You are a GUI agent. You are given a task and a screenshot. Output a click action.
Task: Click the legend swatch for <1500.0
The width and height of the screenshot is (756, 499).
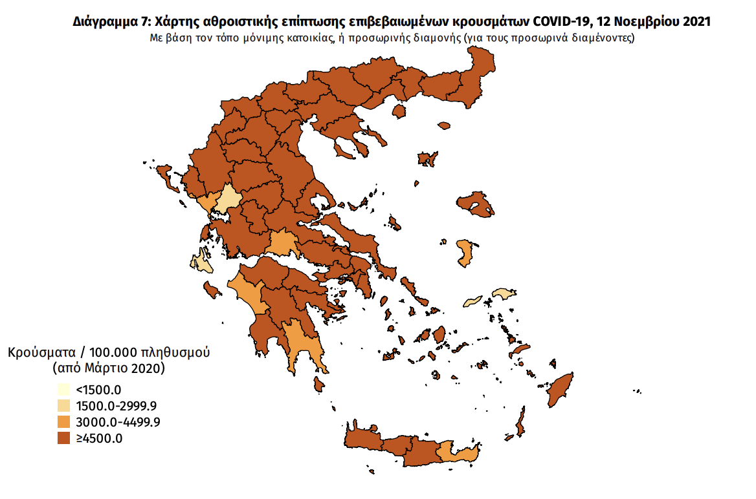[63, 390]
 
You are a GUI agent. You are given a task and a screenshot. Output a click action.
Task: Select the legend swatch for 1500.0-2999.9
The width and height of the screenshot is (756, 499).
[63, 406]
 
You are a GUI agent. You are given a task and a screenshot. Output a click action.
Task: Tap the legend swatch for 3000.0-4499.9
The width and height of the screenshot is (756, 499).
[63, 422]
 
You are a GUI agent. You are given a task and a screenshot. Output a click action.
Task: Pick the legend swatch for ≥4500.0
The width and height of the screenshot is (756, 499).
[63, 438]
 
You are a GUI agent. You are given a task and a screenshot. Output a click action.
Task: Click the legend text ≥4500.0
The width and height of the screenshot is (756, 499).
[100, 438]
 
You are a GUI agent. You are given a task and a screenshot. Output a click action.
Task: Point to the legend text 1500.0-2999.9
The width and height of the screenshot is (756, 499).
[117, 406]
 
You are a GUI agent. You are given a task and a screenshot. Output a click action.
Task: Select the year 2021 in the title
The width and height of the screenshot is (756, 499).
[696, 21]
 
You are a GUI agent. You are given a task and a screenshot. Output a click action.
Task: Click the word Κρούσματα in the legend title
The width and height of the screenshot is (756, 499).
[39, 353]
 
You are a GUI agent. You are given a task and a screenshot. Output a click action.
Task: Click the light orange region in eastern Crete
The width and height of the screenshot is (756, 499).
[457, 453]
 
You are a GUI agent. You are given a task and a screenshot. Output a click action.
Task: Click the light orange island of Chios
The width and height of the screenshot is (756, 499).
[464, 252]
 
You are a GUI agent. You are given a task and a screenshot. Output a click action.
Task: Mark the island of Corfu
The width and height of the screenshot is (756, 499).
[164, 173]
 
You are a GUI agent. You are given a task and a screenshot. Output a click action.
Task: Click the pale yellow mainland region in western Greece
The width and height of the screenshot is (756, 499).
[228, 200]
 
